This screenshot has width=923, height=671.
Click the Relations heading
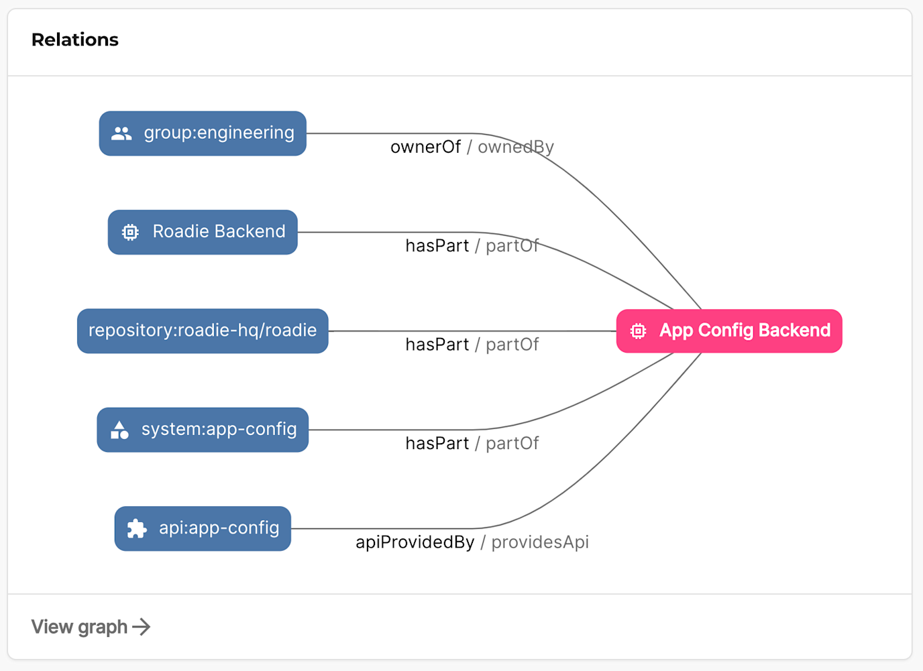[x=74, y=40]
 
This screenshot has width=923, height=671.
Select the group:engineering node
[x=203, y=133]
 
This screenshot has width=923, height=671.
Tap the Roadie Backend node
[x=203, y=232]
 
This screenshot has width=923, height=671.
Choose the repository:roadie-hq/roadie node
[x=203, y=330]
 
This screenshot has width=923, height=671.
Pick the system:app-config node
[x=203, y=430]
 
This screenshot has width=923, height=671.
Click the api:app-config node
[x=203, y=528]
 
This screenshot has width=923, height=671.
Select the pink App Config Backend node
[x=729, y=330]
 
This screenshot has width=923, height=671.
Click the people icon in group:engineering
[x=121, y=133]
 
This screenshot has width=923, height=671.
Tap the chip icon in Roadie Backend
[x=130, y=232]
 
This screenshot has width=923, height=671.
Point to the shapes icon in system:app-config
[x=119, y=430]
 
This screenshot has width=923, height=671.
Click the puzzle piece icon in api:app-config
[x=137, y=528]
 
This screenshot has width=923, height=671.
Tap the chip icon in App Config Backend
[x=638, y=330]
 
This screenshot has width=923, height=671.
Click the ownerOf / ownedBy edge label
[x=472, y=147]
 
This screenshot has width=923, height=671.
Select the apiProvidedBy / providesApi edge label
[x=472, y=542]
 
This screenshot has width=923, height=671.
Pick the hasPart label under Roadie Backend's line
[x=437, y=246]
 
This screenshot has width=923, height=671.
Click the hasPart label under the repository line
[x=437, y=345]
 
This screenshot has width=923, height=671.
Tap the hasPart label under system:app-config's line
[x=437, y=443]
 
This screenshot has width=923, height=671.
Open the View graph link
[x=80, y=627]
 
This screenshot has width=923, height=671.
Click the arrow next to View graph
[x=142, y=627]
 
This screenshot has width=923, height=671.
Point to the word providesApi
[x=540, y=542]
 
